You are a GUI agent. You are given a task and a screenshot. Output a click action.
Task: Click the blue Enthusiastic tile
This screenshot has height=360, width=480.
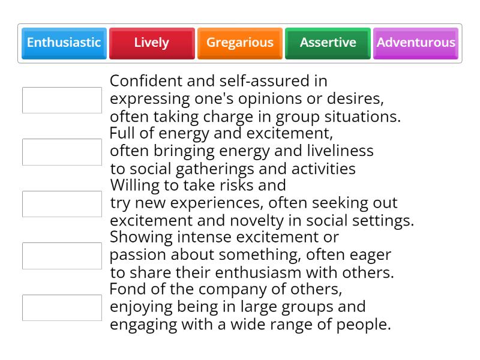[x=64, y=43]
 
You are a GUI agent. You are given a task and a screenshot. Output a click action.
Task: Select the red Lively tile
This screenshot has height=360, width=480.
[x=152, y=43]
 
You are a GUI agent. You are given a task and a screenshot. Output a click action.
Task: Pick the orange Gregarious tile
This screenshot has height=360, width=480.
[x=239, y=43]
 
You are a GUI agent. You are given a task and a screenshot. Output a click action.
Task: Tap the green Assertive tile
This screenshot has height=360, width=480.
[x=328, y=43]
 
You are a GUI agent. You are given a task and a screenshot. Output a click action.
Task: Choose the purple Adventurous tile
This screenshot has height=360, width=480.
[x=416, y=43]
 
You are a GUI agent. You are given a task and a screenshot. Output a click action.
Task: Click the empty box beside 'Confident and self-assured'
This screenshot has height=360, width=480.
[x=62, y=100]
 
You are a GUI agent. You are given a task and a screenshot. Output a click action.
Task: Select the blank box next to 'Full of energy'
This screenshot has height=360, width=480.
[x=62, y=152]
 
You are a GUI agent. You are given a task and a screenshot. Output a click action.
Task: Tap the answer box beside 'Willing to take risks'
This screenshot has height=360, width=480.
[x=62, y=204]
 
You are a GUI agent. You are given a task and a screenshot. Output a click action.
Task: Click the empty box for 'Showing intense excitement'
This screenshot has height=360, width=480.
[x=62, y=256]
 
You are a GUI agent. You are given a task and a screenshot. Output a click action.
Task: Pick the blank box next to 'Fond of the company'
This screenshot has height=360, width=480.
[x=62, y=308]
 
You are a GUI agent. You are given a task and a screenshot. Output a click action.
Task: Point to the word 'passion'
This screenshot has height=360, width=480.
[x=136, y=255]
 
